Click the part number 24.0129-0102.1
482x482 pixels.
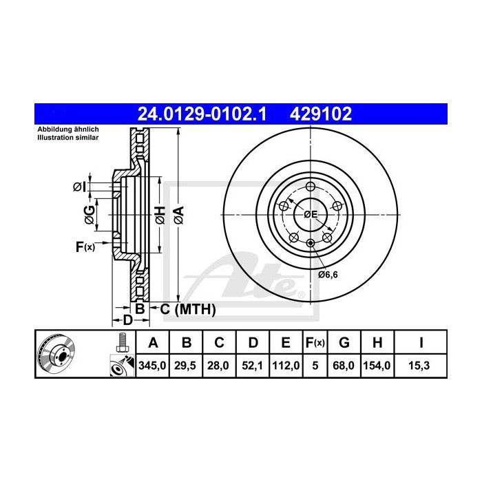[x=202, y=114]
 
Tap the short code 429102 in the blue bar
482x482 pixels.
[x=321, y=114]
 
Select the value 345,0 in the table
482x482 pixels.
[x=152, y=366]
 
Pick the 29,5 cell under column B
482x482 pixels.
[x=185, y=366]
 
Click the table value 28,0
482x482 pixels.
[x=218, y=366]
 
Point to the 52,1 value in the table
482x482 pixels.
[x=253, y=366]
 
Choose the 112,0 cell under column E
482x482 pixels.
[x=286, y=366]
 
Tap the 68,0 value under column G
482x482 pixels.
[x=344, y=366]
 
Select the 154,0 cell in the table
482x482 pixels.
[x=377, y=366]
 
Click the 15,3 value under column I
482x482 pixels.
[x=419, y=366]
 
